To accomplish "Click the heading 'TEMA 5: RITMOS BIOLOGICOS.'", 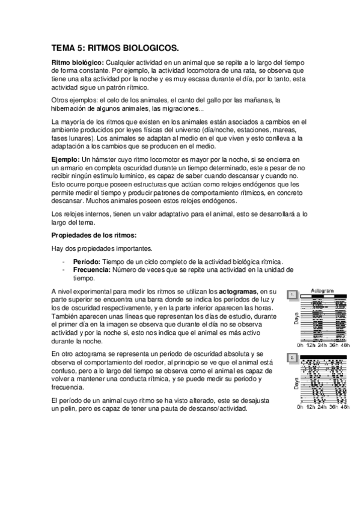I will click(115, 47).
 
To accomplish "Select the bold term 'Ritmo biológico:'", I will click(78, 63).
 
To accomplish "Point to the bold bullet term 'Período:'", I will click(87, 262).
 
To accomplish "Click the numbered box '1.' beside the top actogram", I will click(291, 295).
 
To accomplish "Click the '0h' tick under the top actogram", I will click(302, 345).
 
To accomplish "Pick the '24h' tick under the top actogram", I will click(323, 345).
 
